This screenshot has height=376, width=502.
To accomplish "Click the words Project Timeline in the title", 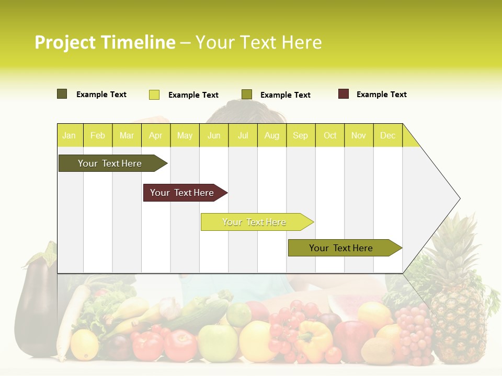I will click(105, 42).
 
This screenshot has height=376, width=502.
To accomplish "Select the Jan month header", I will click(69, 135).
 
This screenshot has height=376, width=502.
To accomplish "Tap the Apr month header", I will click(155, 135).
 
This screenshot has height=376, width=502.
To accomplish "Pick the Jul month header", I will click(243, 135).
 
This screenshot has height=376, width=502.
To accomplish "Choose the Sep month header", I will click(300, 135).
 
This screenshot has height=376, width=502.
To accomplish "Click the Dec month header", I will click(387, 135).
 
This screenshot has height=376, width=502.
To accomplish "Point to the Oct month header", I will click(330, 135).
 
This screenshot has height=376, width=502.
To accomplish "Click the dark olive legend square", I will click(62, 94).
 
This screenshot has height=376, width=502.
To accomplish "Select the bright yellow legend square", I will click(154, 95).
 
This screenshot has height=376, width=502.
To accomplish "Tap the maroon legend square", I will click(343, 94).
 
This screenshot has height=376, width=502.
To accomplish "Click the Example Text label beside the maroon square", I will click(381, 95).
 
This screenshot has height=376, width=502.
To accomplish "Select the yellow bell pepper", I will click(314, 339).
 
